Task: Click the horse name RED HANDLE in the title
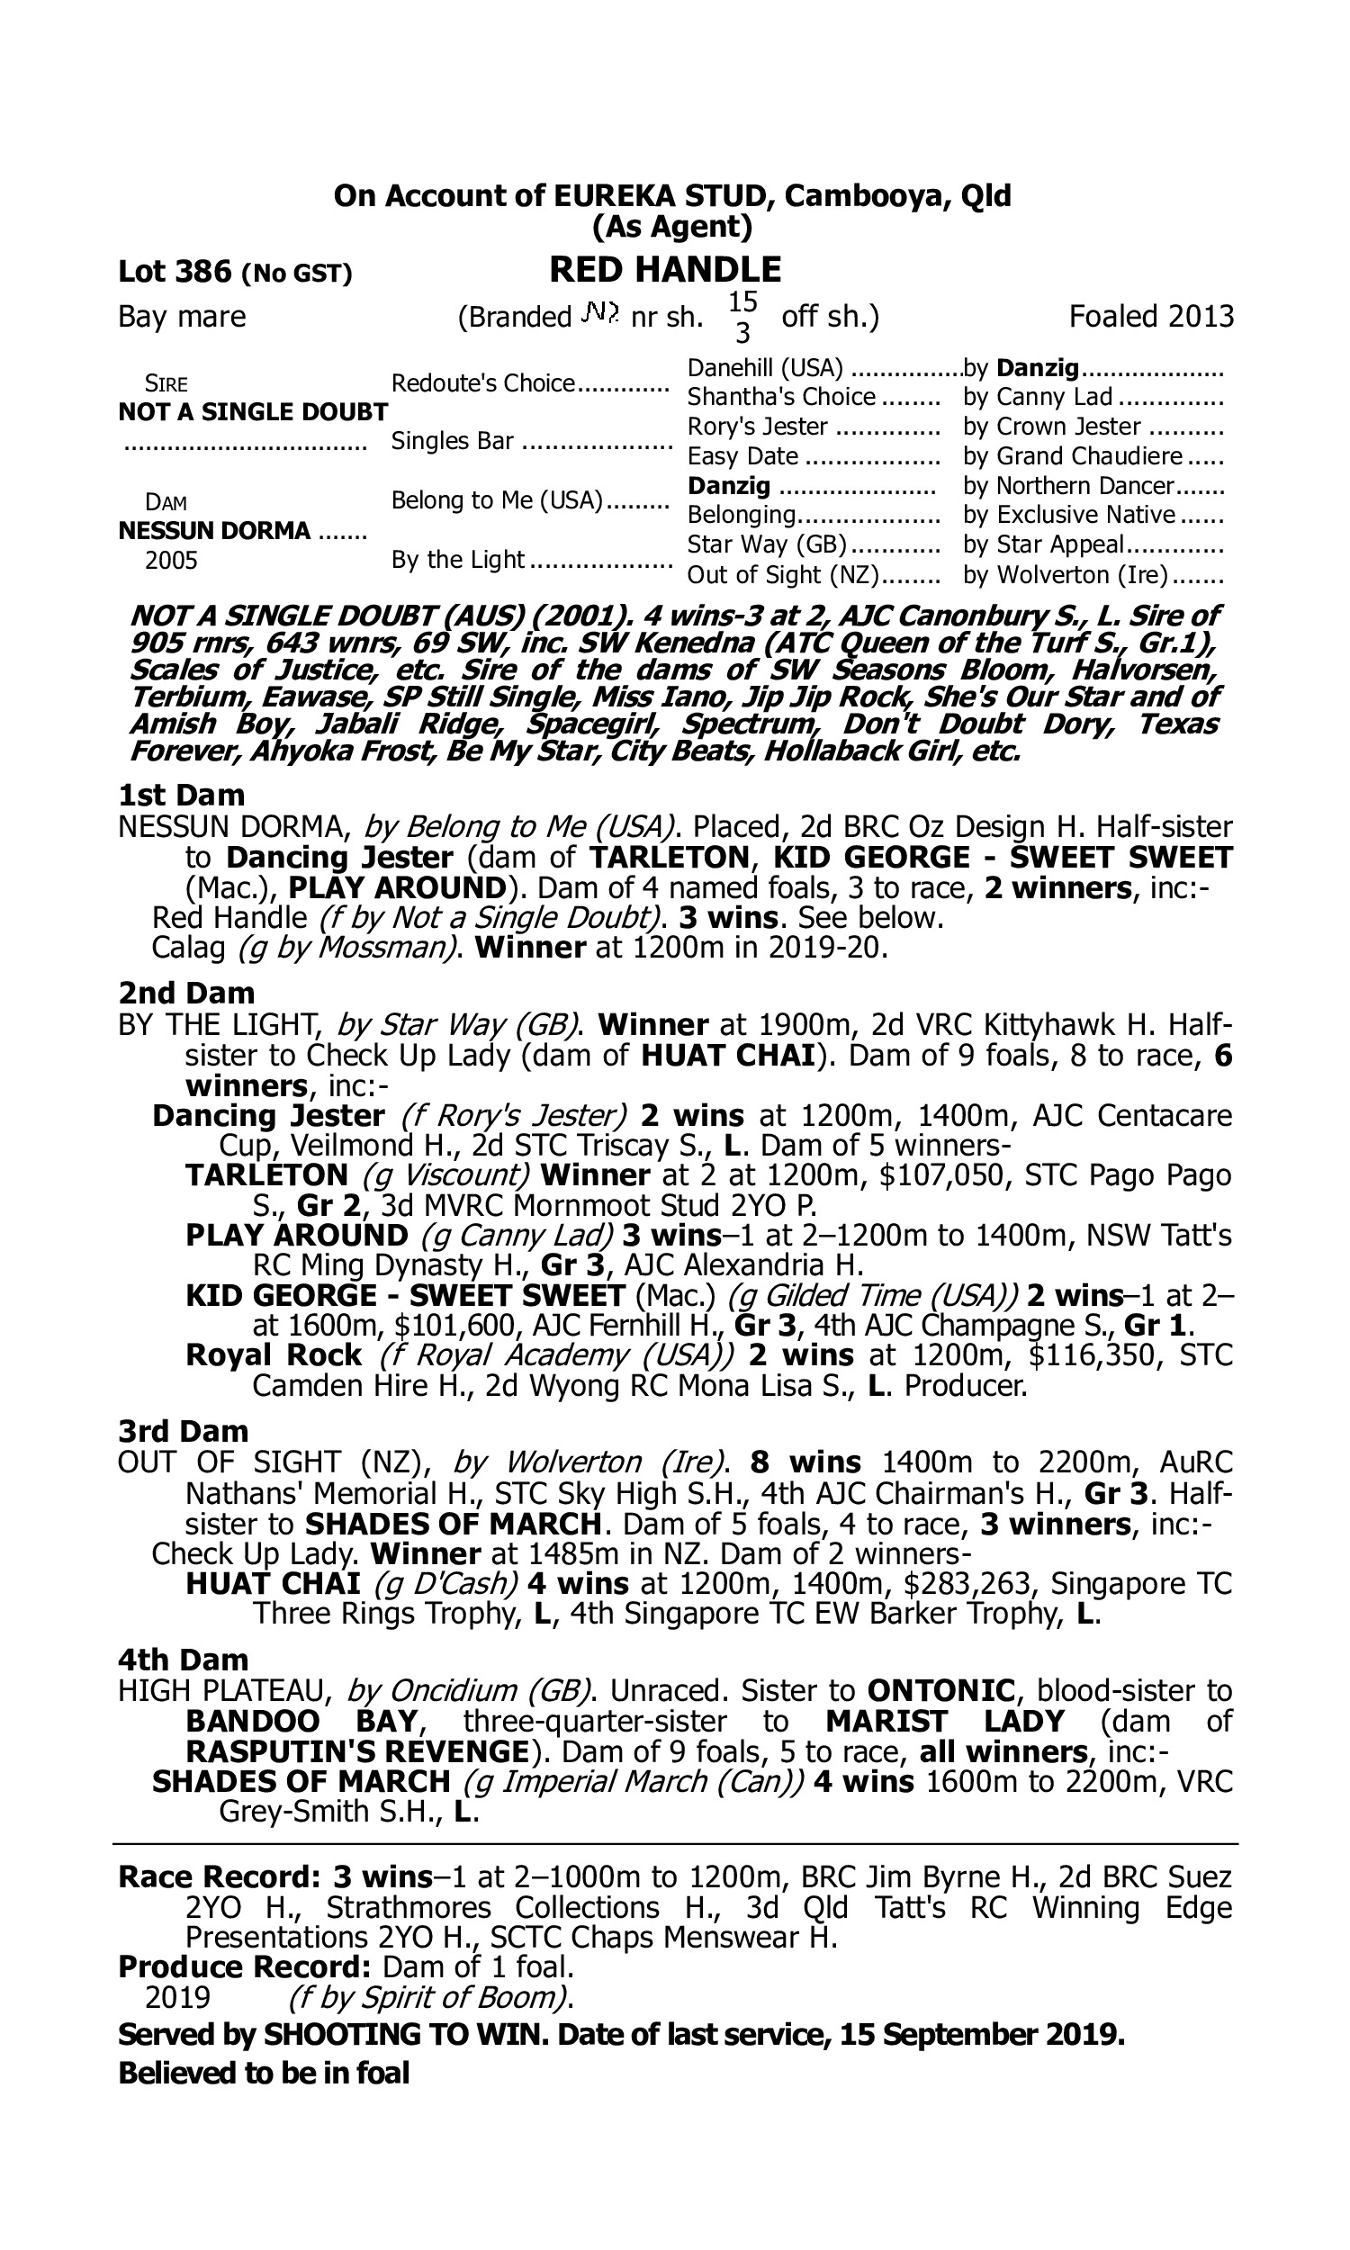point(665,270)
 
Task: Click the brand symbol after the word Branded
point(601,315)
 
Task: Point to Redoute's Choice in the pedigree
point(483,382)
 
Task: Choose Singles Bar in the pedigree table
point(453,441)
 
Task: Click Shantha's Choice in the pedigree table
point(780,398)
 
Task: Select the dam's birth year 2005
point(171,560)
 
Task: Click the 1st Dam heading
point(181,795)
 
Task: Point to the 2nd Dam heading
point(185,992)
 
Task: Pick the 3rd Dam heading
point(183,1432)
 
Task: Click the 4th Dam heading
point(183,1660)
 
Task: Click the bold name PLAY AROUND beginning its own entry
point(297,1235)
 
